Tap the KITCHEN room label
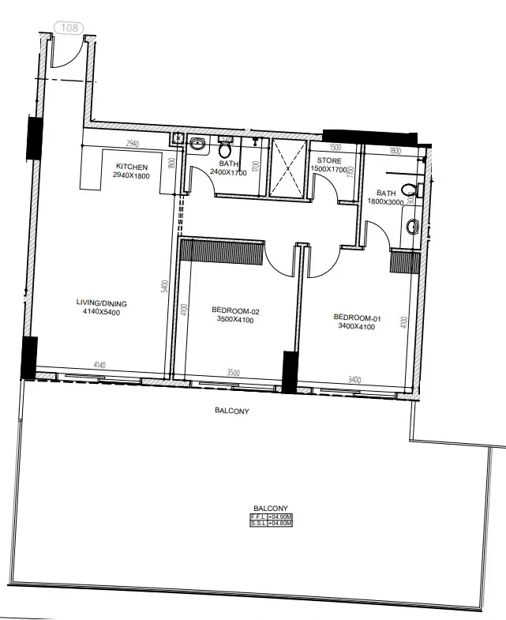tap(132, 166)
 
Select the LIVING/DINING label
tap(101, 303)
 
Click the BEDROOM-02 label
tap(236, 311)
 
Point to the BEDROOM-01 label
tap(358, 319)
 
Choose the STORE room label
tap(329, 160)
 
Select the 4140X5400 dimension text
tap(101, 313)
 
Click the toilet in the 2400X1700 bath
tap(225, 149)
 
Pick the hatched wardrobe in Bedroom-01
tap(403, 261)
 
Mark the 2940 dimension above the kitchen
tap(133, 144)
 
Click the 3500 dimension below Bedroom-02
tap(233, 371)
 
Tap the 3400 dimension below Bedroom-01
tap(354, 380)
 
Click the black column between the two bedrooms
tap(290, 372)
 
